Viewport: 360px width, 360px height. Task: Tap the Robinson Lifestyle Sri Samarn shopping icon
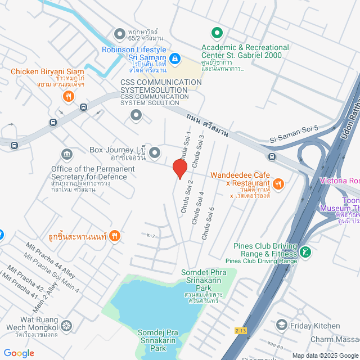point(175,58)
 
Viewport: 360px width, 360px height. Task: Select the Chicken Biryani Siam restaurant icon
point(68,96)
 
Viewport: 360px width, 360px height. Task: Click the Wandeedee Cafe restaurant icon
point(278,183)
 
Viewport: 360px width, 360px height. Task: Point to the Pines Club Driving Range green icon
point(305,236)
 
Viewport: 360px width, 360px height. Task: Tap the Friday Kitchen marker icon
point(281,325)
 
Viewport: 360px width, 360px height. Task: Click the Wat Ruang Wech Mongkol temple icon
point(66,326)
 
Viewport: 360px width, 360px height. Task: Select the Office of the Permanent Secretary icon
point(66,155)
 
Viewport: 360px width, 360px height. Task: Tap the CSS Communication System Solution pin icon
point(136,115)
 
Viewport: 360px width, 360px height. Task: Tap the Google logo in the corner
point(18,353)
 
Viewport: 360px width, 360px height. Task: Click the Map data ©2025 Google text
point(325,355)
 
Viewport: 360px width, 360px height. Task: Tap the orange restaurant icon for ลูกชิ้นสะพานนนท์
point(114,236)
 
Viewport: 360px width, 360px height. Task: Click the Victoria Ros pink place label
point(339,181)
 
